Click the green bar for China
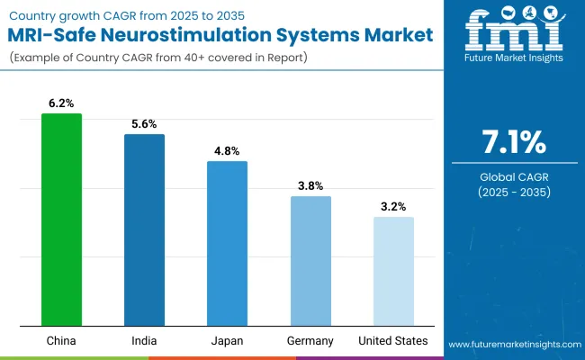point(61,220)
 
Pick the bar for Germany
point(310,261)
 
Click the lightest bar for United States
point(393,271)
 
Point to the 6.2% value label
point(61,103)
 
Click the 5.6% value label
point(144,124)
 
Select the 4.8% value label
point(227,151)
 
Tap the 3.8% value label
point(310,186)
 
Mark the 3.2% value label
point(393,207)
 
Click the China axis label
point(61,341)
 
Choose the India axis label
point(144,341)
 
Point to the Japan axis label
point(227,341)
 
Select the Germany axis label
point(310,341)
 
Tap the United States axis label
point(393,341)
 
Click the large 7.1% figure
point(513,142)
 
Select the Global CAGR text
point(513,176)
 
